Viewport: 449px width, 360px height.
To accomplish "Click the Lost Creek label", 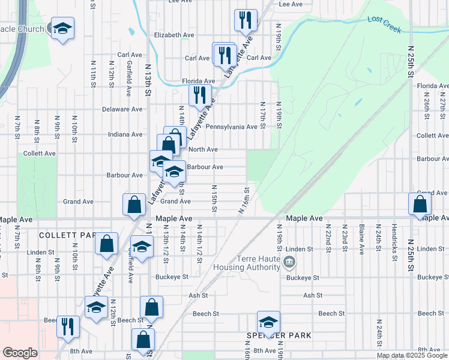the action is pos(384,20).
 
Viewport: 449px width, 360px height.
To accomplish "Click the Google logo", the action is pos(20,353).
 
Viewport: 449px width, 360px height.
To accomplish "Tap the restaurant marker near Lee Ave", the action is pos(246,20).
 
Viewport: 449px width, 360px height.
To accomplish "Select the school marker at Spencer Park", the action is pos(268,321).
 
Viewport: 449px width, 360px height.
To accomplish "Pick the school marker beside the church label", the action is pos(62,28).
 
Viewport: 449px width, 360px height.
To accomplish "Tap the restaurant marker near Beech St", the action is pos(68,326).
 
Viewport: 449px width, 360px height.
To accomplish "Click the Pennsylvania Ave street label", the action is pos(232,127).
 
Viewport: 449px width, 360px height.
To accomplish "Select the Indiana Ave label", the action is pos(125,134).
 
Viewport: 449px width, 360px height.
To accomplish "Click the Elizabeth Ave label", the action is pos(174,35).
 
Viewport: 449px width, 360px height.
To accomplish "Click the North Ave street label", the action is pos(203,149).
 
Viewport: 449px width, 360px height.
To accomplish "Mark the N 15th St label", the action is pos(213,197).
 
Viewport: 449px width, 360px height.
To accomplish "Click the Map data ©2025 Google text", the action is pos(412,355).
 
